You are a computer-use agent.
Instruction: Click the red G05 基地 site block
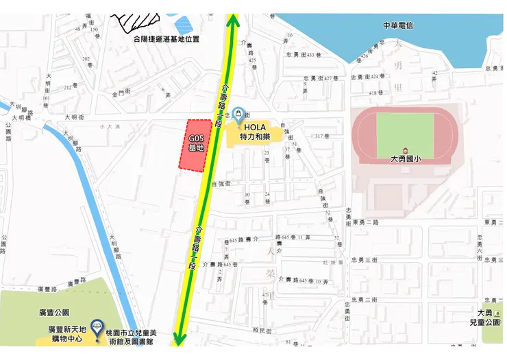195,145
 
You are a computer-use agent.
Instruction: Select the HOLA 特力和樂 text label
255,132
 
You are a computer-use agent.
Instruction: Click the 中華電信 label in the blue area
398,25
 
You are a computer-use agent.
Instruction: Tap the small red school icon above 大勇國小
405,149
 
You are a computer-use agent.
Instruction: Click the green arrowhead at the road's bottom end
180,339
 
